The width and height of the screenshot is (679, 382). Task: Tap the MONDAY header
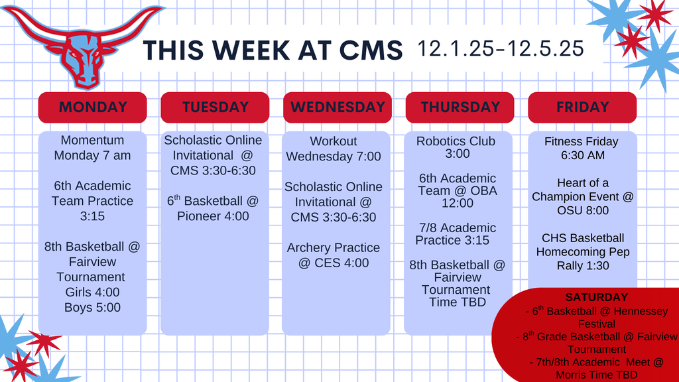(92, 107)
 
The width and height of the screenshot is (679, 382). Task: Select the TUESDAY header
(215, 107)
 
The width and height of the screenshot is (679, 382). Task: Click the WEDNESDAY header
(337, 107)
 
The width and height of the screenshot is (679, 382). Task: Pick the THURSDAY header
(460, 107)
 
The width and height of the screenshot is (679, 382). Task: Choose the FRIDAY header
(582, 107)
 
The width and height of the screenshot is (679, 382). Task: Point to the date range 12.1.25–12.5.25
(501, 48)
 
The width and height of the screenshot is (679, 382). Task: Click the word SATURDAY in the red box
(596, 298)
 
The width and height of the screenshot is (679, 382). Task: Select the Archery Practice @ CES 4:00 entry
(334, 255)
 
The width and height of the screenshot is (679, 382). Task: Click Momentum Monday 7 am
(92, 148)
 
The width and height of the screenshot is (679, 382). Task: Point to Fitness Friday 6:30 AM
(581, 148)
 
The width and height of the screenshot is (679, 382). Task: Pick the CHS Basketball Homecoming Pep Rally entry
(582, 252)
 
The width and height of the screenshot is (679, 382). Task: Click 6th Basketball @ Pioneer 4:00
(213, 208)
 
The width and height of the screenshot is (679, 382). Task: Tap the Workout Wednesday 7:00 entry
(334, 149)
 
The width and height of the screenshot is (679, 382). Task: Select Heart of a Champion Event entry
(582, 196)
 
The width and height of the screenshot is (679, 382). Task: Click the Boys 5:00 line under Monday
(92, 307)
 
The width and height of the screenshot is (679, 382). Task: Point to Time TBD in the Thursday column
(456, 302)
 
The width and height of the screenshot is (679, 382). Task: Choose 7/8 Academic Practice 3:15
(456, 234)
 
